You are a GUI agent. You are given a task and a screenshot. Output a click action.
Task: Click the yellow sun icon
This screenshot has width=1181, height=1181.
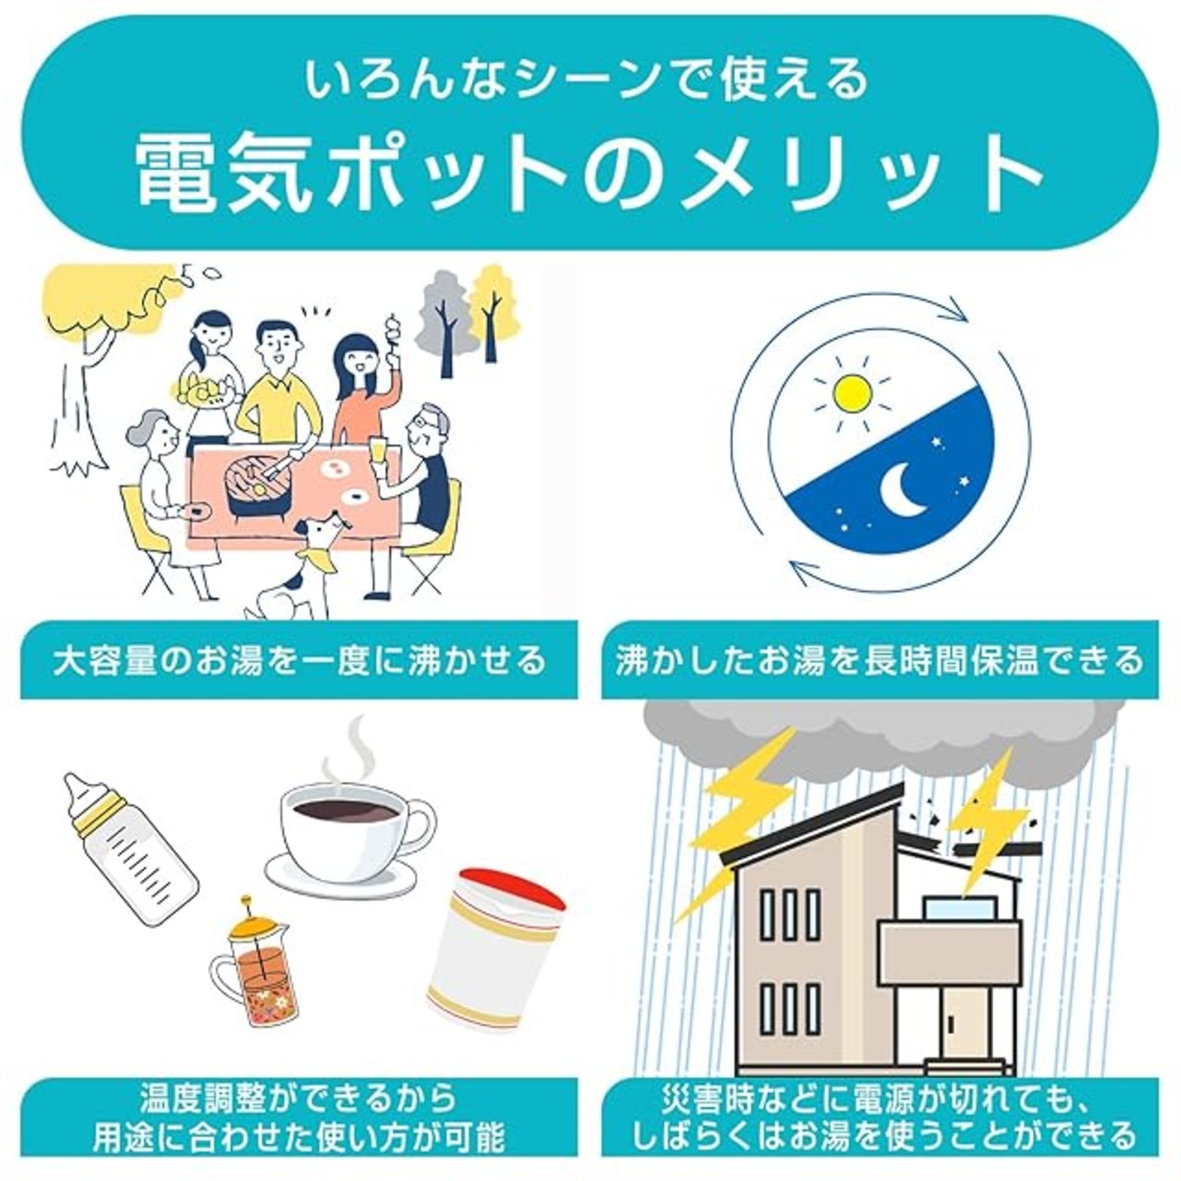click(852, 393)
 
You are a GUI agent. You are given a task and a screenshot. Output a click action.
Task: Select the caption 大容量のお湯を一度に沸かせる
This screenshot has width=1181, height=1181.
click(299, 661)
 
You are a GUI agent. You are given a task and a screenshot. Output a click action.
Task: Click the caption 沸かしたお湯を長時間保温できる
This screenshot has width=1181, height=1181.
click(879, 661)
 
